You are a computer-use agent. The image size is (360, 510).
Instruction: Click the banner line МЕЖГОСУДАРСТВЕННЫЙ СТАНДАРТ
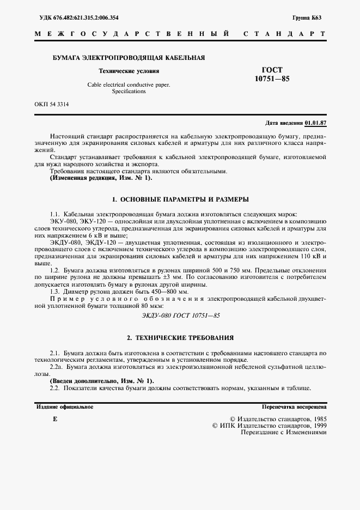pos(180,34)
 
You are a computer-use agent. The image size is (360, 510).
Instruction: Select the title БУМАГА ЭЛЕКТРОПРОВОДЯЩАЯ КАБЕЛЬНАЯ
pos(129,57)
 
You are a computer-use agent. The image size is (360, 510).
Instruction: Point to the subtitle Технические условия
pos(129,71)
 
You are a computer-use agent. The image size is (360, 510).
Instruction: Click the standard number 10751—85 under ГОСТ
pos(272,79)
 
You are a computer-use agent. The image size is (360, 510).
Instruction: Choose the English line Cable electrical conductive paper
pos(129,85)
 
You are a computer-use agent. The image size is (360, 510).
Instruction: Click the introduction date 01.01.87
pos(315,123)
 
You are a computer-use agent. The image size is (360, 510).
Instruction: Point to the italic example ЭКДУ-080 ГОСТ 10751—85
pos(180,315)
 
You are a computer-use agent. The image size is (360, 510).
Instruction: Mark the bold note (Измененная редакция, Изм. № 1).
pos(101,178)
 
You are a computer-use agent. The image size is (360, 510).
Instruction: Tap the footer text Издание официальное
pos(65,407)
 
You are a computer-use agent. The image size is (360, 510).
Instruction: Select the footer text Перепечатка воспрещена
pos(294,407)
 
